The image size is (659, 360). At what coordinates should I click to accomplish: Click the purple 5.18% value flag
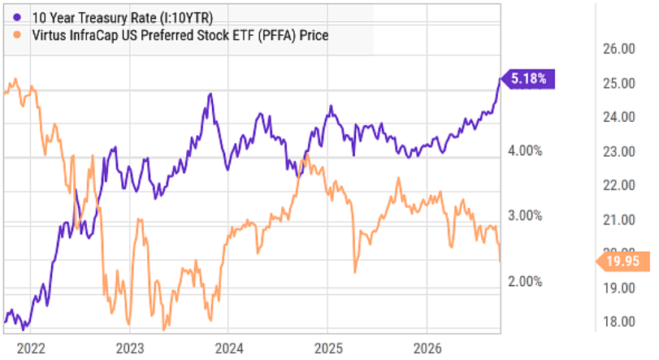[x=528, y=79]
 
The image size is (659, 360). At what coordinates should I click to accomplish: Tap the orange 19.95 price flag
[x=623, y=262]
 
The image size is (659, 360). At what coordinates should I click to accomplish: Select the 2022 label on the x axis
[x=30, y=349]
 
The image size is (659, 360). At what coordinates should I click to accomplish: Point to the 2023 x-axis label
[x=130, y=349]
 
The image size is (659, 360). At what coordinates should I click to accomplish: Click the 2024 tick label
[x=229, y=349]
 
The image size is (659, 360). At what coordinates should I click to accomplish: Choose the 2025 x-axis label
[x=328, y=349]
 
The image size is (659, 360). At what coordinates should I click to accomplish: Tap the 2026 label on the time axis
[x=427, y=349]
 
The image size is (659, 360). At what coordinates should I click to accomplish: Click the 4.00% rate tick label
[x=525, y=150]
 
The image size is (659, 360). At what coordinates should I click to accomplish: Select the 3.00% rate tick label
[x=525, y=216]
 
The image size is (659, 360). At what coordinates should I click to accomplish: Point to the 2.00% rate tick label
[x=525, y=281]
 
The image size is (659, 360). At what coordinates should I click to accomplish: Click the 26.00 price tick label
[x=619, y=49]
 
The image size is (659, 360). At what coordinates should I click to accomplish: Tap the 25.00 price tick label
[x=619, y=83]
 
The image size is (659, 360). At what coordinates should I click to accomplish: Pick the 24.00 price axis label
[x=619, y=117]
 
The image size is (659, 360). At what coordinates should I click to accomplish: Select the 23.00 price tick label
[x=619, y=151]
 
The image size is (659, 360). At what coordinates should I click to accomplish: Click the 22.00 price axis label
[x=619, y=184]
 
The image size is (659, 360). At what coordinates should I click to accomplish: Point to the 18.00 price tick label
[x=619, y=321]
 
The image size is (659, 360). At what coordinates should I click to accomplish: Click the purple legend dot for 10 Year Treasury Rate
[x=17, y=18]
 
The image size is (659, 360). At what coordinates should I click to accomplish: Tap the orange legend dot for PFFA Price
[x=17, y=35]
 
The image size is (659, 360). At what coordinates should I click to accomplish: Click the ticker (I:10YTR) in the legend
[x=186, y=18]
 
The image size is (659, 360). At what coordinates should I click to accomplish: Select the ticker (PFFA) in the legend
[x=277, y=35]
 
